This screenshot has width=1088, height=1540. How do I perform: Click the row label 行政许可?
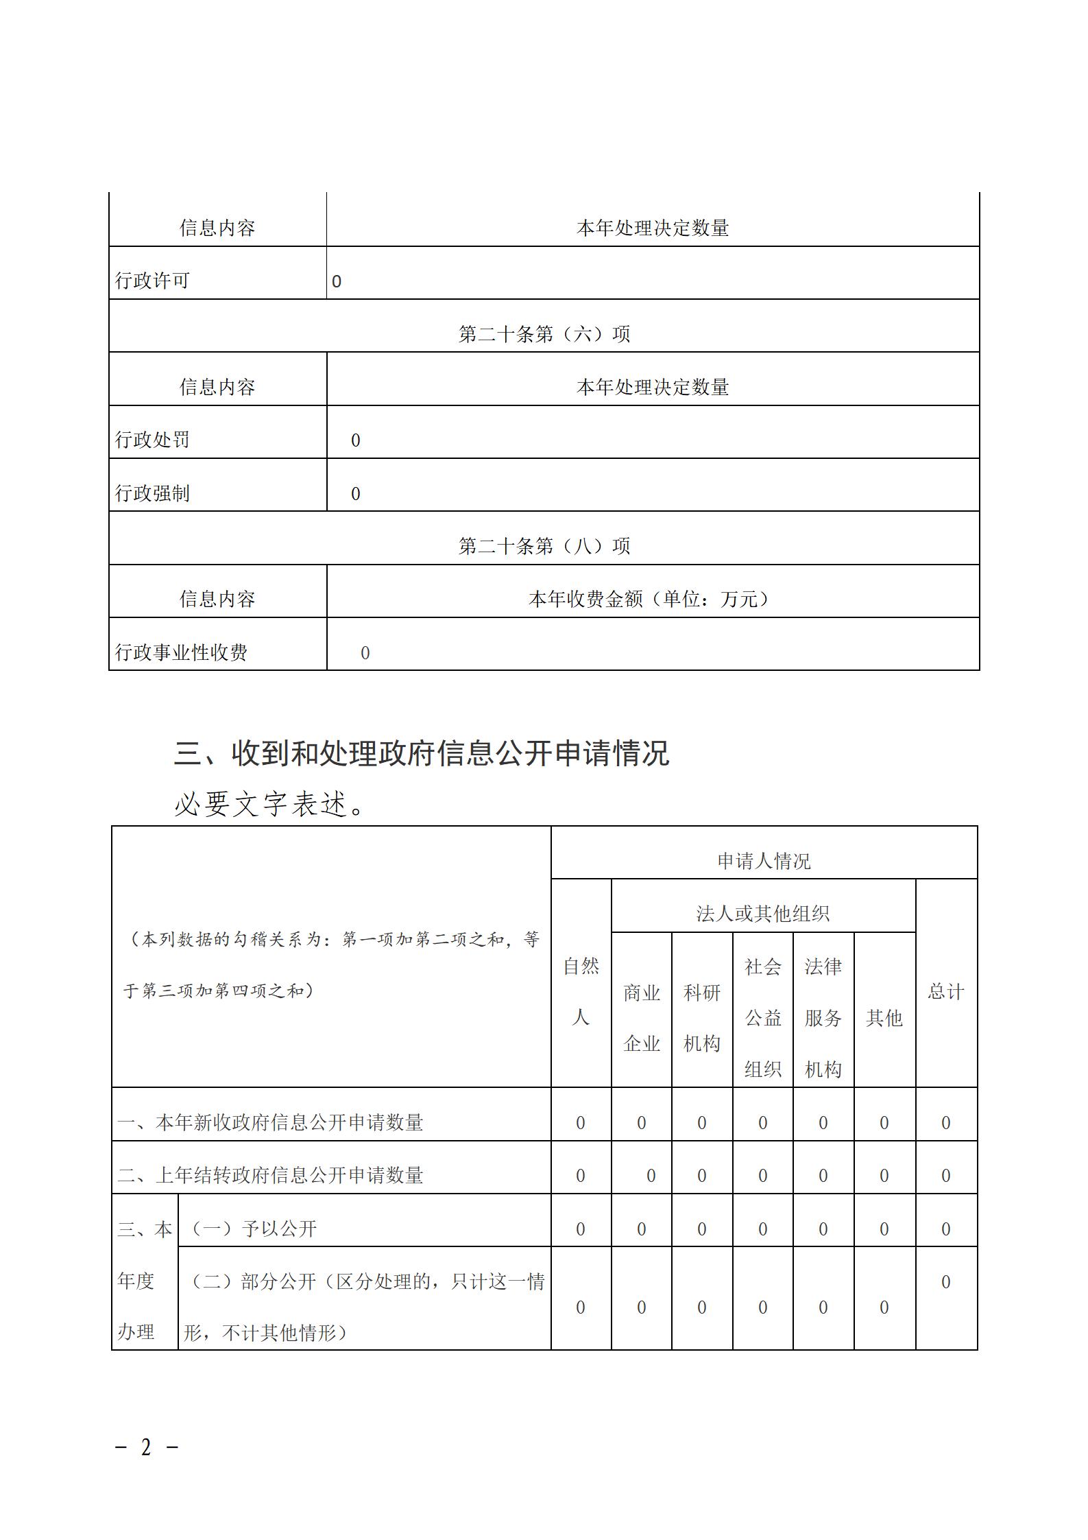coord(152,281)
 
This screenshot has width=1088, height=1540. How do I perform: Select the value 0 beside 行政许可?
coord(337,282)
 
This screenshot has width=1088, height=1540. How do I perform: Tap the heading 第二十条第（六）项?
coord(544,334)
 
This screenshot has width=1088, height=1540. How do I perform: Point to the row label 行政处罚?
coord(152,440)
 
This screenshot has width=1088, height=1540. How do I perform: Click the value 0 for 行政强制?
coord(355,494)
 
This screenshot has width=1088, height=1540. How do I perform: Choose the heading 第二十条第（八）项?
coord(544,546)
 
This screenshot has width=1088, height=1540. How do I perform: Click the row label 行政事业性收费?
coord(181,652)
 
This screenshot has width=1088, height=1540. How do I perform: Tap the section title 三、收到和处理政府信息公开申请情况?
coord(421,753)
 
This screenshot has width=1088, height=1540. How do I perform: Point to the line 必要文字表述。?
coord(271,804)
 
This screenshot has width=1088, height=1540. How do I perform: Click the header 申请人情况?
coord(764,861)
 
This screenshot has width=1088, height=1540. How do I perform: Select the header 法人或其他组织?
coord(763,914)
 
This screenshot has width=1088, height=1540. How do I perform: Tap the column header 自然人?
coord(581,992)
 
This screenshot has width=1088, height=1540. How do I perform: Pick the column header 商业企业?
coord(642,1018)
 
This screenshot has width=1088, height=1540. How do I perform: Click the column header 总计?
coord(946,991)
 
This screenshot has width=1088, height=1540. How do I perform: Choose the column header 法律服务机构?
coord(823,1018)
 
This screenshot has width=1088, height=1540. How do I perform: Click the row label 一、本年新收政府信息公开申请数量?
coord(270,1123)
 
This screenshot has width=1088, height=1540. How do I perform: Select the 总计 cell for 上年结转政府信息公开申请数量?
coord(946,1176)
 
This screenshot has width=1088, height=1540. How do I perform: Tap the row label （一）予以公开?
coord(251,1229)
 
